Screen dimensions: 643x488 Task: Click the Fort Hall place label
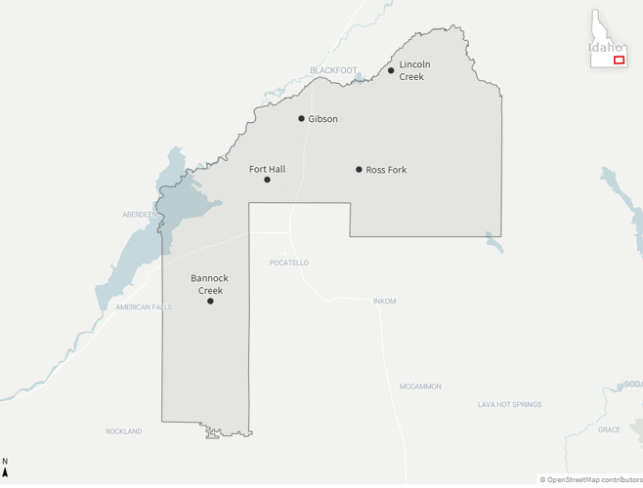click(267, 169)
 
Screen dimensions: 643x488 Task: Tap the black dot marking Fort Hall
click(267, 180)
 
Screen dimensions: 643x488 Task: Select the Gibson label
click(322, 119)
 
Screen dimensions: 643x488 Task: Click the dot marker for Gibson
click(302, 119)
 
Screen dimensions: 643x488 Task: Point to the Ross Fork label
click(386, 170)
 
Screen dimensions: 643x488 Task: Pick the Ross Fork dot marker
click(359, 170)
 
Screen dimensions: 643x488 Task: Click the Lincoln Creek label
click(414, 70)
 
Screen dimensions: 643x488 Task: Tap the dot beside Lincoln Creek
click(391, 70)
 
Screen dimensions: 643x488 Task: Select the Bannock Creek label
click(210, 284)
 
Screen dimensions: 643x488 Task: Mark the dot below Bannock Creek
click(210, 301)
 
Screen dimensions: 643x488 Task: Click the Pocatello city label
click(289, 263)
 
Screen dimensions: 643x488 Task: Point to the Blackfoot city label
click(333, 70)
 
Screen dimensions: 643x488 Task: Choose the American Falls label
click(143, 306)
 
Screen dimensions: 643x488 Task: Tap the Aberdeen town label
click(139, 214)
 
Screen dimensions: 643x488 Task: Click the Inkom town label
click(385, 301)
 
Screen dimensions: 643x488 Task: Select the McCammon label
click(420, 386)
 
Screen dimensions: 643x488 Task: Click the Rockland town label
click(124, 430)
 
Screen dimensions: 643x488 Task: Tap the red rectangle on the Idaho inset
click(619, 61)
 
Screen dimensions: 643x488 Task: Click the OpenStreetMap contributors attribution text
click(591, 479)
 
